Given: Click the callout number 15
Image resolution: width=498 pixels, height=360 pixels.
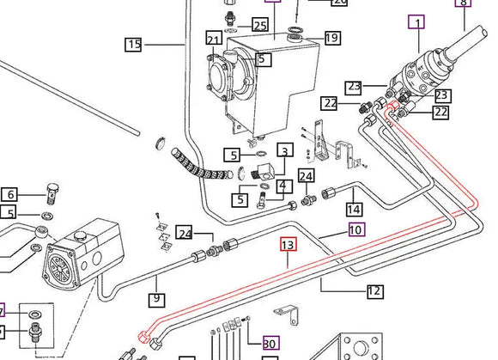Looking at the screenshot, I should [x=133, y=45].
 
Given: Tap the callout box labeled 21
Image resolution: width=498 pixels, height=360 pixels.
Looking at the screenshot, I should [x=214, y=40].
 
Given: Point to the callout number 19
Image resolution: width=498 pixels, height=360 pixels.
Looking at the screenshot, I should [x=331, y=38].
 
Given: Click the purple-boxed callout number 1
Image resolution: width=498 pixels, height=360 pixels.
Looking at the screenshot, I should [x=418, y=21].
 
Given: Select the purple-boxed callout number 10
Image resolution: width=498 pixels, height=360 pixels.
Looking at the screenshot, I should [x=356, y=229].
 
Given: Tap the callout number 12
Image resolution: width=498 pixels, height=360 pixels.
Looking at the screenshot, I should [x=373, y=291].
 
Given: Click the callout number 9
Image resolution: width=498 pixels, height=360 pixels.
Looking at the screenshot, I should [x=155, y=299].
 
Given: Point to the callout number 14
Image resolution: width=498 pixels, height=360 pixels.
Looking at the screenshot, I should [x=354, y=209].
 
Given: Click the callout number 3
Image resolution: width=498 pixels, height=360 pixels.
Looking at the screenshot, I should [x=284, y=149].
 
